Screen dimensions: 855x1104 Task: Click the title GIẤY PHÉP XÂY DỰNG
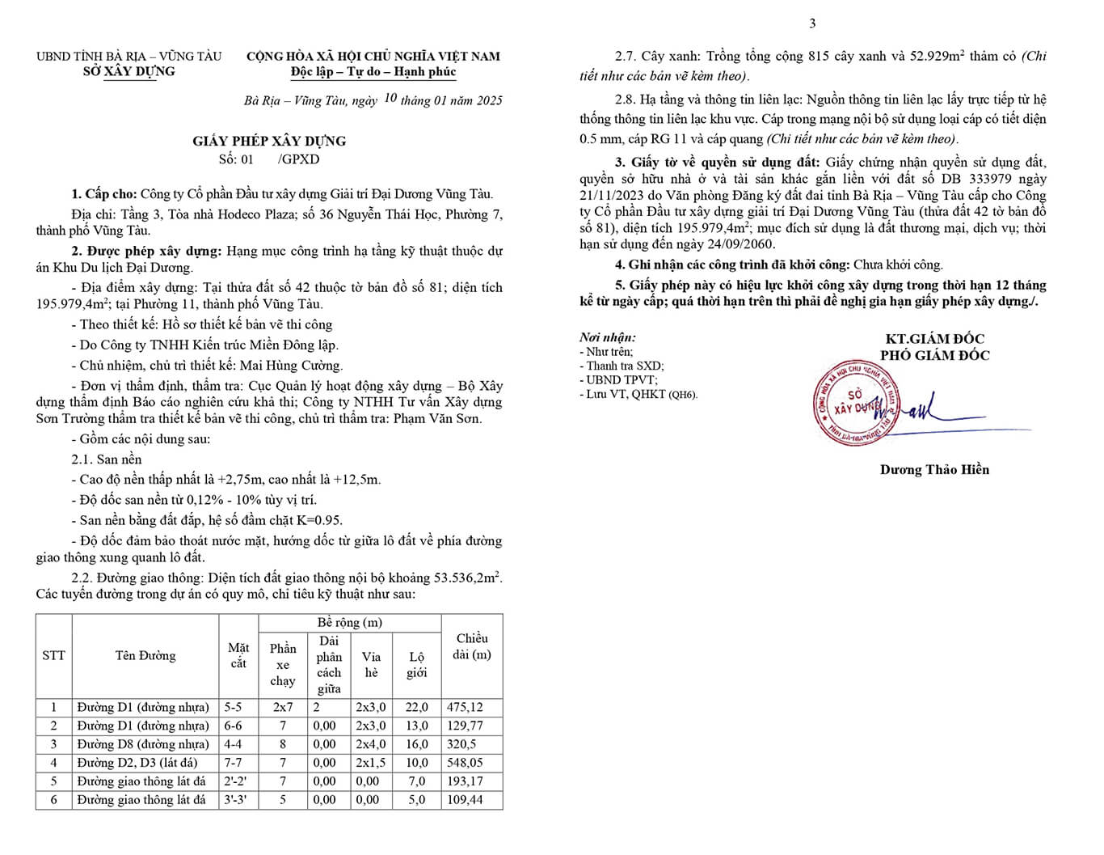pos(269,141)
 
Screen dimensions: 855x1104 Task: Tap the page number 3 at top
pos(812,23)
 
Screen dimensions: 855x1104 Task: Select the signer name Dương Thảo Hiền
pos(934,469)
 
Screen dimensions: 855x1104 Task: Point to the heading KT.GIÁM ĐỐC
pos(934,339)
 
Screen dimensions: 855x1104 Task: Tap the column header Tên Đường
pos(145,656)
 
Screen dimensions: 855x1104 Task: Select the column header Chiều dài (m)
pos(472,647)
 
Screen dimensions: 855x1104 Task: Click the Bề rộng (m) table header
pos(350,623)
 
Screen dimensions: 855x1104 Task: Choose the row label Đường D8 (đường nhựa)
pos(143,744)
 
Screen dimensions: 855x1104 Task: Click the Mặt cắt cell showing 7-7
pos(233,763)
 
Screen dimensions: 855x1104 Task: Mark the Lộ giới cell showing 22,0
pos(416,707)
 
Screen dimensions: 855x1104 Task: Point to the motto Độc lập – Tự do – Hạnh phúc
pos(373,72)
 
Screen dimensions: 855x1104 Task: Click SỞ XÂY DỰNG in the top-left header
pos(129,71)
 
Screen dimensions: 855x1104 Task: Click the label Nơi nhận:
pos(607,337)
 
